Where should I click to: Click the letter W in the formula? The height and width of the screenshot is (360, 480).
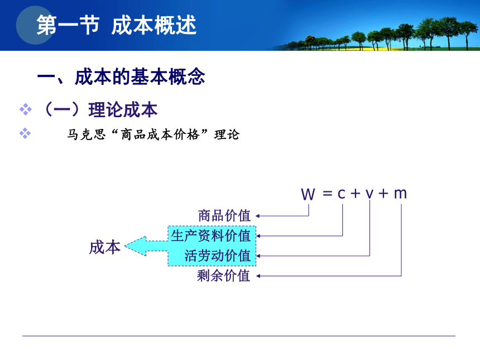pos(308,194)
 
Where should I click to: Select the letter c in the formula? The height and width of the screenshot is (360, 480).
pos(342,194)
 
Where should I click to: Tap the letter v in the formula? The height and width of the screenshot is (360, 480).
pos(370,194)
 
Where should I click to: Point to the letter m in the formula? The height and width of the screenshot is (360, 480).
pos(400,194)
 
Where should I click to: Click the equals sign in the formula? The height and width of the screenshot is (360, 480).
pos(327,194)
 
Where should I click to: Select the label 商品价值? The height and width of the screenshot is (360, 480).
pos(224,216)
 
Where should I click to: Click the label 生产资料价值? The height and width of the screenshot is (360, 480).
pos(211,236)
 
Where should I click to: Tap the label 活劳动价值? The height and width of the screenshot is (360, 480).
pos(218,256)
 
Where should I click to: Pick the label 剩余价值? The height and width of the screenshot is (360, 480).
pos(224,276)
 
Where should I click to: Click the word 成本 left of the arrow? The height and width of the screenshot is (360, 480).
pos(105,247)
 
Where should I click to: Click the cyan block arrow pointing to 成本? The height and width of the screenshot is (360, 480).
pos(146,246)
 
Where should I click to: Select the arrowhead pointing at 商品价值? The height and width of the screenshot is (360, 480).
pos(258,216)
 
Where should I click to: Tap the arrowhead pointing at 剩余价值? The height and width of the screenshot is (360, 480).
pos(258,276)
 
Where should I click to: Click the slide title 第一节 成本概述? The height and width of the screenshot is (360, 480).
pos(116,25)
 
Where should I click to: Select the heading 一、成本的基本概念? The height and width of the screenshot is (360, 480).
pos(121,76)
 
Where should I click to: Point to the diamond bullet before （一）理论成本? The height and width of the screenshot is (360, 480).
pos(26,109)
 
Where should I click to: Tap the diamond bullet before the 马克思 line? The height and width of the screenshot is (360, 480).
pos(25,133)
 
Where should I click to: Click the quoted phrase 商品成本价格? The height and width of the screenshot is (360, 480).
pos(160,135)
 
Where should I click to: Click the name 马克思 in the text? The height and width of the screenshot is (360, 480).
pos(87,135)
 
